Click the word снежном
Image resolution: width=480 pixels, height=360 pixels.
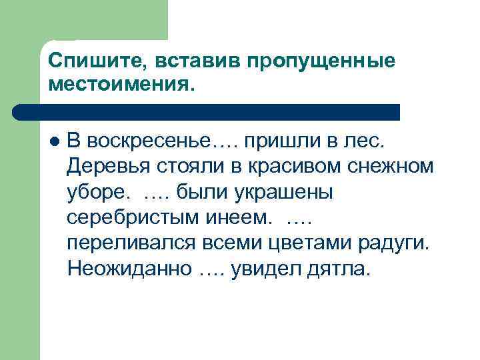(x=395, y=167)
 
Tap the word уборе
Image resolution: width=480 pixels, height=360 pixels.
(x=97, y=192)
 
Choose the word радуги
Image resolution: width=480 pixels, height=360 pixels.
(x=402, y=243)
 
